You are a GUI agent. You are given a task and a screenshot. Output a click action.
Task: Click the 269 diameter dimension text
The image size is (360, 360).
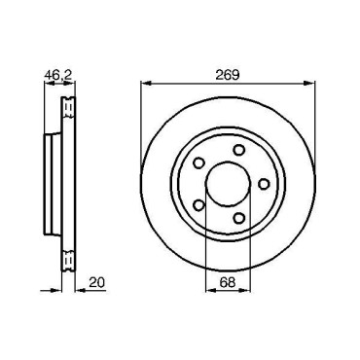pyautogui.click(x=228, y=70)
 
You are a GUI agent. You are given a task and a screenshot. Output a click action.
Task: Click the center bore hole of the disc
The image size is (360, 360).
pyautogui.click(x=228, y=180)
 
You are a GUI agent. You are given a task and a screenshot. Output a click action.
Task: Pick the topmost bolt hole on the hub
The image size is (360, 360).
pyautogui.click(x=239, y=150)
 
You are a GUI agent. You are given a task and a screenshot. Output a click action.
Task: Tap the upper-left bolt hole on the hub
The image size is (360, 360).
pyautogui.click(x=200, y=162)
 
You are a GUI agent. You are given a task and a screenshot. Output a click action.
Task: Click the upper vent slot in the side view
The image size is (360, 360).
pyautogui.click(x=69, y=105)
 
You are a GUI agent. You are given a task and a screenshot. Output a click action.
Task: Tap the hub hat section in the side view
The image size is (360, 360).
pyautogui.click(x=52, y=180)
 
